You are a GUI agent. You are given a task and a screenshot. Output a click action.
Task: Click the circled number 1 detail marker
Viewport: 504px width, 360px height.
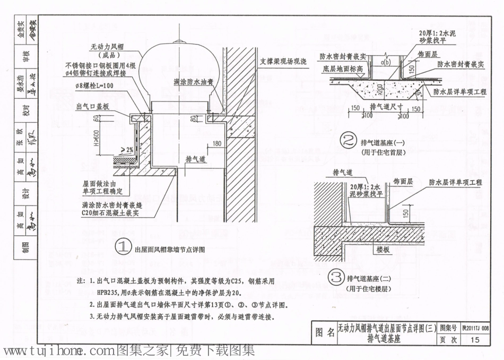(x=123, y=247)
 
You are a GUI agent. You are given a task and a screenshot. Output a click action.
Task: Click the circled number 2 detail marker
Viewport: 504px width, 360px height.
(x=349, y=141)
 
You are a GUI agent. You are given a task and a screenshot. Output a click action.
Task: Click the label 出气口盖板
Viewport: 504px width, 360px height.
(x=93, y=106)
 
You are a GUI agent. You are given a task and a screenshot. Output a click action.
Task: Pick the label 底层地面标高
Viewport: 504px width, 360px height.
(x=342, y=68)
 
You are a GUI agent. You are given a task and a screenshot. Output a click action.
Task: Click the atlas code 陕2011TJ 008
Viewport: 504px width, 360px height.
(x=475, y=329)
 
